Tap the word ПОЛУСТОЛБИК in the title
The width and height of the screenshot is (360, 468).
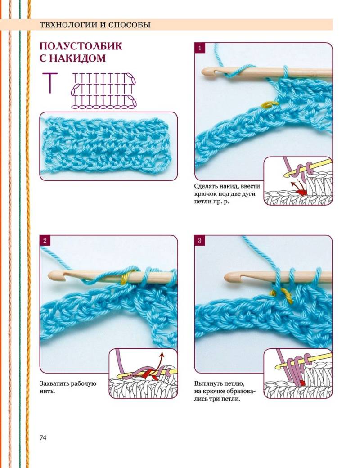coord(81,46)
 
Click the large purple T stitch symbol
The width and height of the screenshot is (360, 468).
coord(50,83)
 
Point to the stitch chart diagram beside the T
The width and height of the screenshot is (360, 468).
coord(103,90)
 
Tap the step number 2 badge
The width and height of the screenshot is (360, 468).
coord(45,241)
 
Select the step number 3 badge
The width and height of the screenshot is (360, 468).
coord(200,241)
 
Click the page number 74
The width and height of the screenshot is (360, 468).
coord(43,437)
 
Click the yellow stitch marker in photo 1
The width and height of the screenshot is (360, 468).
coord(270,104)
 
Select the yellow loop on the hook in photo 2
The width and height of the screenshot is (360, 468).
coord(126,277)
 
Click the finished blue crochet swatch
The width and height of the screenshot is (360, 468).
coord(108,146)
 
